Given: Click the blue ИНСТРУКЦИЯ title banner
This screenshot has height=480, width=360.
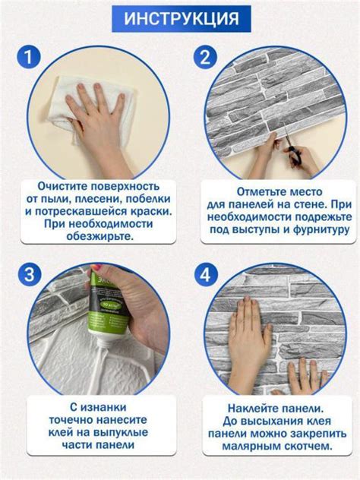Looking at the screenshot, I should pyautogui.click(x=181, y=17).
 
